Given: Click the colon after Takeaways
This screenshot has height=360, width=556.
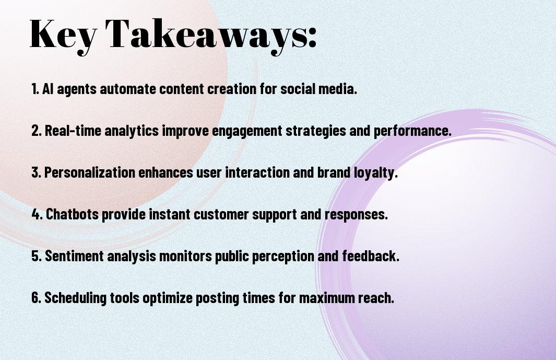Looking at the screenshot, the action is (x=312, y=38).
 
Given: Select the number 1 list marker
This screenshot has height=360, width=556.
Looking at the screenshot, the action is (x=35, y=89).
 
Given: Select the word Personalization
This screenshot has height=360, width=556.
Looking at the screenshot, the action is (x=90, y=172).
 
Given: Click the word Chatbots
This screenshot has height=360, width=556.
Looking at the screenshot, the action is (x=73, y=214).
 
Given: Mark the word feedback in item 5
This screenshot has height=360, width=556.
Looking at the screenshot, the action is (x=371, y=256).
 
